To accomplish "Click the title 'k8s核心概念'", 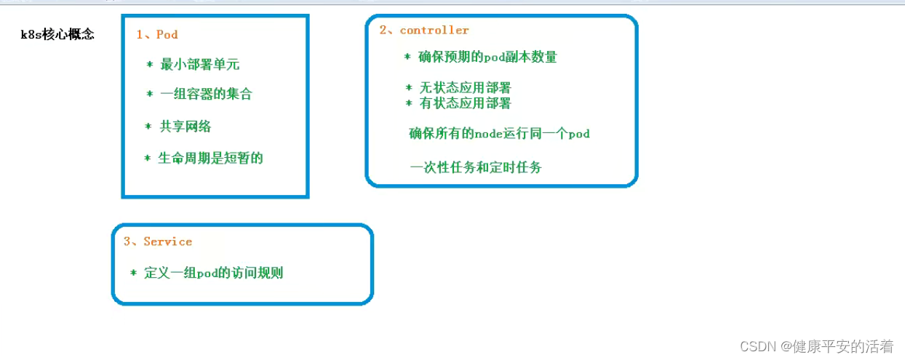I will point(57,35).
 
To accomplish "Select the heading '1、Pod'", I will point(157,34).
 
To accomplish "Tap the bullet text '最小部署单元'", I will point(199,65).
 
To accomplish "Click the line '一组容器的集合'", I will point(206,94).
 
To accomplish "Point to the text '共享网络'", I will point(186,127).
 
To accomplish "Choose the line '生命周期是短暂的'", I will point(210,158).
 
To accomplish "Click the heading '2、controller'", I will point(424,30).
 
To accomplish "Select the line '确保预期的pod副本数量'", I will point(487,57).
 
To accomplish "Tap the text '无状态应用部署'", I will point(465,87).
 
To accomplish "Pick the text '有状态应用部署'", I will point(465,103).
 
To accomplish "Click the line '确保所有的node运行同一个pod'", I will point(499,133).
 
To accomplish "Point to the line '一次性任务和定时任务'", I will point(476,167).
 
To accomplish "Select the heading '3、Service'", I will point(158,241).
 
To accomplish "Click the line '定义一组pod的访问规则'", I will point(213,273).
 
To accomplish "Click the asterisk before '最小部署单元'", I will point(150,65).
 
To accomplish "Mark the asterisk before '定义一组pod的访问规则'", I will point(134,273).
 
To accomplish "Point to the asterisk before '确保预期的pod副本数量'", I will point(407,57).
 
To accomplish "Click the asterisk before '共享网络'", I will point(148,127).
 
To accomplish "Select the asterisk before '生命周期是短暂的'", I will point(148,158).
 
